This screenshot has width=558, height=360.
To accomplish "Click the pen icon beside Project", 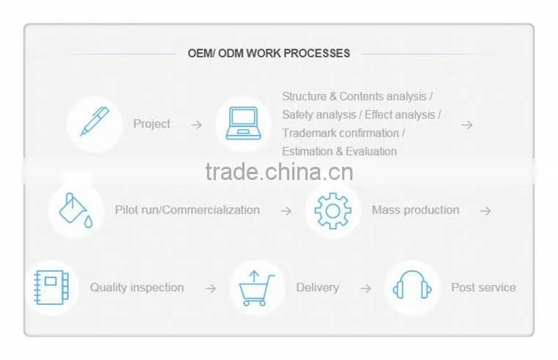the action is pyautogui.click(x=95, y=121).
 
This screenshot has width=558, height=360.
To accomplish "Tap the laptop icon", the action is pyautogui.click(x=244, y=123).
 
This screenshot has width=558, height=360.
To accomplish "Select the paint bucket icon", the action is pyautogui.click(x=76, y=210).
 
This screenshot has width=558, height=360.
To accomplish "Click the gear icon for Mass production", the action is pyautogui.click(x=333, y=211).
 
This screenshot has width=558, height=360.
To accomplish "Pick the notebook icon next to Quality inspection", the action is pyautogui.click(x=51, y=287).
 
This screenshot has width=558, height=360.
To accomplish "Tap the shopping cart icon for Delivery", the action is pyautogui.click(x=256, y=288).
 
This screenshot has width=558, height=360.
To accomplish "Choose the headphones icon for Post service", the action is pyautogui.click(x=412, y=284).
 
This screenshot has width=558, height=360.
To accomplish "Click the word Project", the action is pyautogui.click(x=152, y=124).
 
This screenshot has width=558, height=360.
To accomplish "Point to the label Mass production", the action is pyautogui.click(x=416, y=210).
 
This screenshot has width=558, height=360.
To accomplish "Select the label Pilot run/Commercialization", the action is pyautogui.click(x=187, y=210).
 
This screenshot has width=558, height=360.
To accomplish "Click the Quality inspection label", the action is pyautogui.click(x=137, y=287).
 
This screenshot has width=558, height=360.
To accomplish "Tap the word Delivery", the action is pyautogui.click(x=317, y=287).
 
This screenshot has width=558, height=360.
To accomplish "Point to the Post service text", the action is pyautogui.click(x=484, y=287).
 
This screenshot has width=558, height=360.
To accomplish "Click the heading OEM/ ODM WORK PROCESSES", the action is pyautogui.click(x=269, y=54).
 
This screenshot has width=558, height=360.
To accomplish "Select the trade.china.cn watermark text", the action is pyautogui.click(x=279, y=172).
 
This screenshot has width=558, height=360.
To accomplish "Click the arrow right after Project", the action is pyautogui.click(x=197, y=125).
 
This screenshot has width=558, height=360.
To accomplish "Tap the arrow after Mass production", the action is pyautogui.click(x=485, y=211).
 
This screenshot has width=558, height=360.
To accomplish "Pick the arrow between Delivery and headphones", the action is pyautogui.click(x=366, y=289).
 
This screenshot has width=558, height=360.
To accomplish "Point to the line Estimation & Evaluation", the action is pyautogui.click(x=339, y=151).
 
